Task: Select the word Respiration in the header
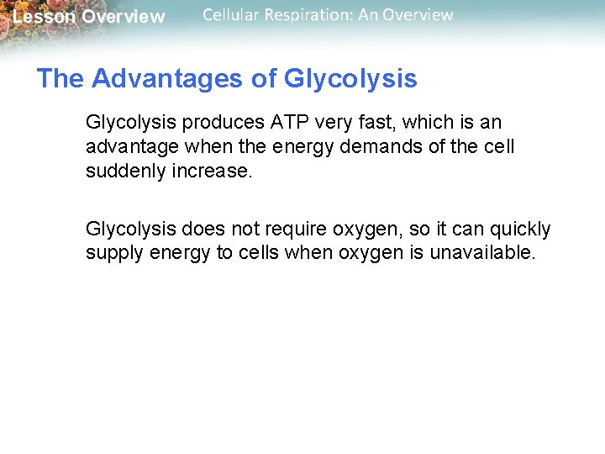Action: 311,15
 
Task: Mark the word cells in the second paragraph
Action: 260,252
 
